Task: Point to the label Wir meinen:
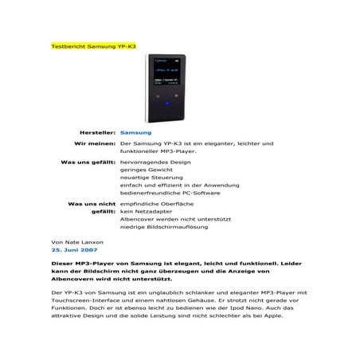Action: tap(94, 143)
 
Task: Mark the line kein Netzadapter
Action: tap(145, 213)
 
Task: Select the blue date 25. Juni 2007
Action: tap(74, 249)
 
